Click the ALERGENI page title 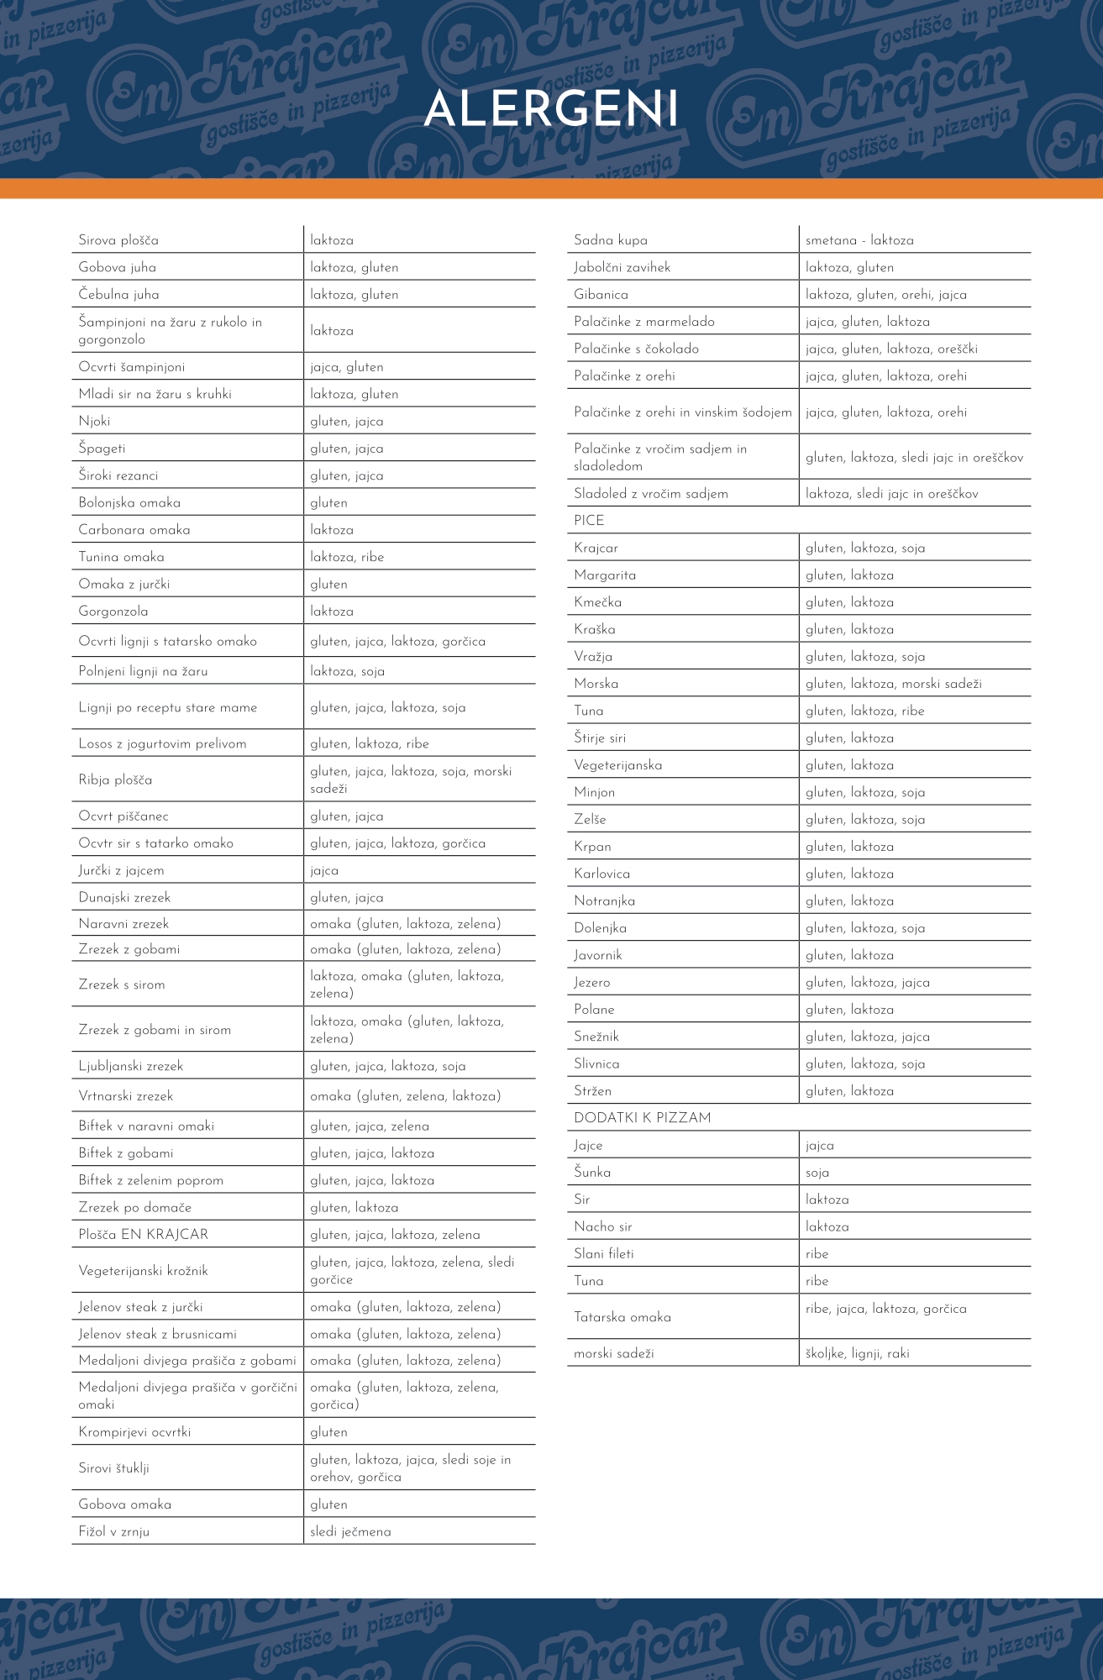[x=551, y=109]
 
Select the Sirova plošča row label [x=118, y=240]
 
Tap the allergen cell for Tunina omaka [x=347, y=557]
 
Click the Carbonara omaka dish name [x=134, y=530]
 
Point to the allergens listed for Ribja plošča [x=411, y=780]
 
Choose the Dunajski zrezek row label [x=124, y=898]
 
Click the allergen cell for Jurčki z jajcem [x=324, y=871]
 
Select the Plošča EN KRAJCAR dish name [x=143, y=1235]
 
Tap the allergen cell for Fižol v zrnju [x=350, y=1532]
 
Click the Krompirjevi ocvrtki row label [x=134, y=1432]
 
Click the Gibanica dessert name [x=601, y=295]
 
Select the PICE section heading [x=589, y=521]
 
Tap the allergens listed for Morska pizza [x=893, y=684]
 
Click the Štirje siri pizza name [x=600, y=738]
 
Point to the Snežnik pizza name [x=596, y=1037]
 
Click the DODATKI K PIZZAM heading [x=643, y=1118]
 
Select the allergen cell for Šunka [x=817, y=1173]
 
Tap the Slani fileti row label [x=604, y=1254]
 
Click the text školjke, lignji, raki [x=857, y=1353]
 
